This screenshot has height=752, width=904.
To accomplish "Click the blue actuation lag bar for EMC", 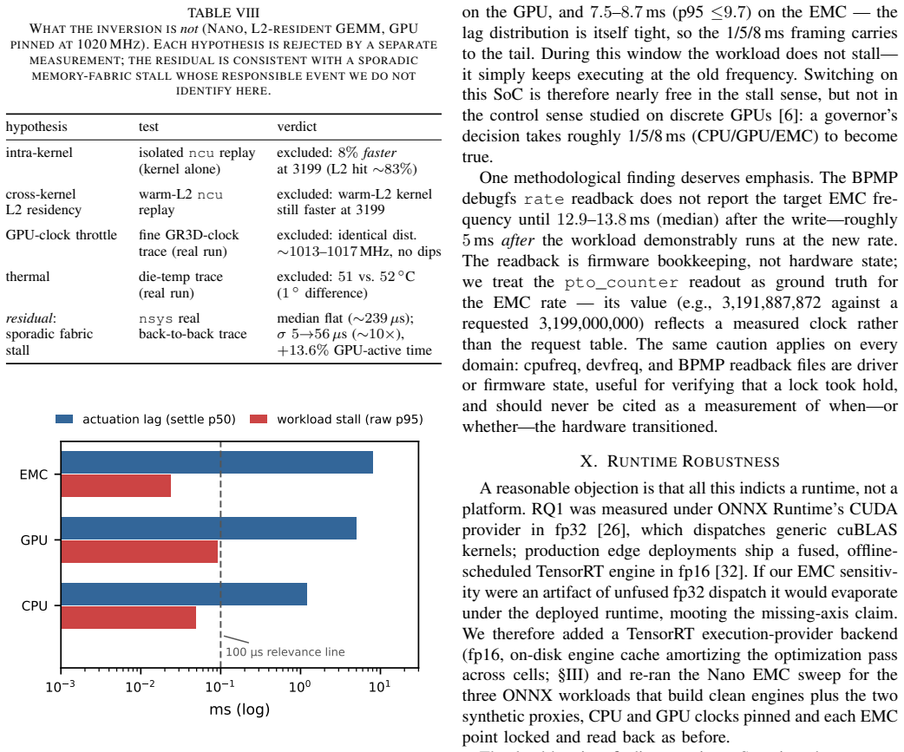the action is point(217,462).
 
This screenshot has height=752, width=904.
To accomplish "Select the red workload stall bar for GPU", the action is point(140,552).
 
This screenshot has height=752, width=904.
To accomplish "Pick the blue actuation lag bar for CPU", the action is point(184,594).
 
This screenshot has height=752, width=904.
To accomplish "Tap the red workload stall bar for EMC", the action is point(116,486).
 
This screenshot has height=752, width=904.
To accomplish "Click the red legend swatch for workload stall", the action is point(259,419).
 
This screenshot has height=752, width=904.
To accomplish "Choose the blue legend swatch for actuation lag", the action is point(64,419).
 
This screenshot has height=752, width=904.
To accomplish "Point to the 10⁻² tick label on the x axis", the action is point(140,686).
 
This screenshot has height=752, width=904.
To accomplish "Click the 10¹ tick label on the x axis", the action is point(379,686).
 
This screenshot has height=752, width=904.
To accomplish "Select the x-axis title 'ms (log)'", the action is point(239,709).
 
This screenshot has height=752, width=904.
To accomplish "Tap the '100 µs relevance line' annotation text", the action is point(285,651).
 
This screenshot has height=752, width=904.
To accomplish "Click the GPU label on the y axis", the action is point(34,540).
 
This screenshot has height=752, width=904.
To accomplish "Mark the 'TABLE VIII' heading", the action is point(224,13).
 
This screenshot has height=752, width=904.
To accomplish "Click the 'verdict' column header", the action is point(297,127).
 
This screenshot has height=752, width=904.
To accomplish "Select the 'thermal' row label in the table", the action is point(28,277).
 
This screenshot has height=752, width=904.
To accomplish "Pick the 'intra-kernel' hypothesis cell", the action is point(39,153).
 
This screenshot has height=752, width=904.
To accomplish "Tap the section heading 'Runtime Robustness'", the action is point(679,461).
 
